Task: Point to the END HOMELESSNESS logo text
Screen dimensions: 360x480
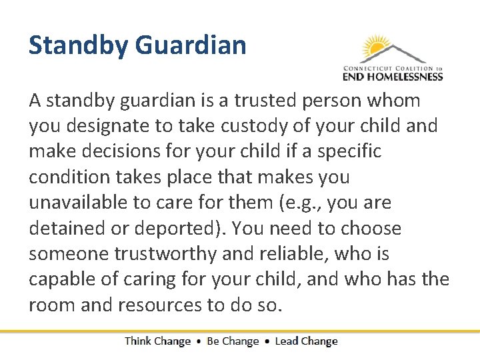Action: click(x=393, y=77)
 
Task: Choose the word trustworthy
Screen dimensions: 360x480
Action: click(x=157, y=253)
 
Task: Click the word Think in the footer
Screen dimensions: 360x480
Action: click(x=138, y=341)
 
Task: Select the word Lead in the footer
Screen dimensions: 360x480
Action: click(x=287, y=341)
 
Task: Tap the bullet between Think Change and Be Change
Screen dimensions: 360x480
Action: click(x=199, y=341)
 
